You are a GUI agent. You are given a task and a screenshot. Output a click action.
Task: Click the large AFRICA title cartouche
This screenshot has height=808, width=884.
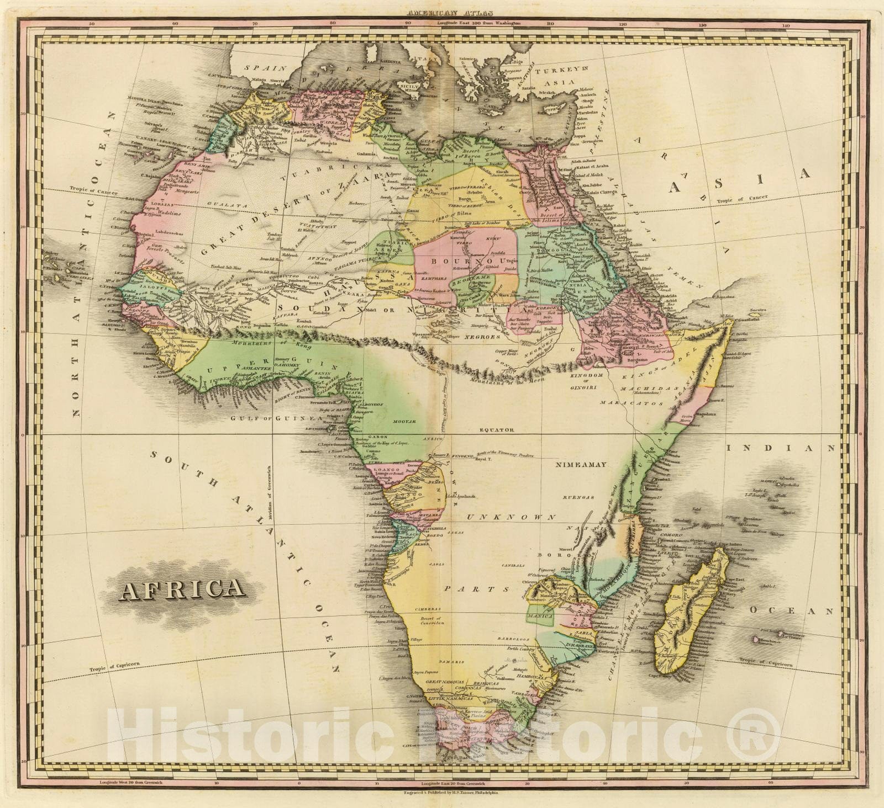[183, 589]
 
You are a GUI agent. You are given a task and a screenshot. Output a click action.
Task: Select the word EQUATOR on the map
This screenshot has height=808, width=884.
[497, 429]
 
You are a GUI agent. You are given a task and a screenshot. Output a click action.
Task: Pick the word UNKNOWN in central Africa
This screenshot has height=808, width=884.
[511, 517]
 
